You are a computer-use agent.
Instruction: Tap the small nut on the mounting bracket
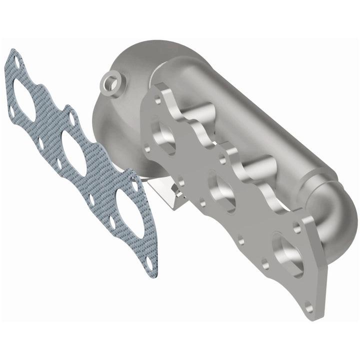(175, 189)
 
